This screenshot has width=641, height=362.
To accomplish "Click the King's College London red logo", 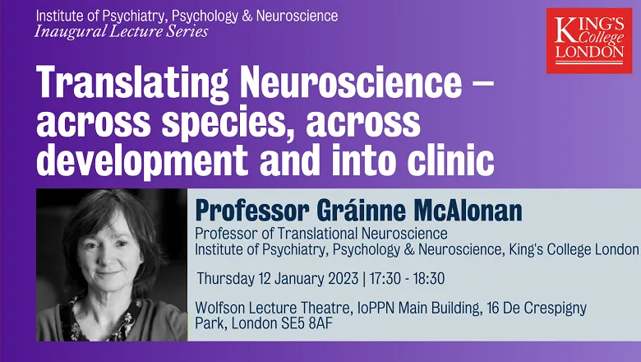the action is (x=589, y=41).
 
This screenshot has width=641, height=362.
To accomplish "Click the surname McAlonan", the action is (x=468, y=211).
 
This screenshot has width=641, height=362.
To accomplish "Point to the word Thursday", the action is (x=226, y=279).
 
